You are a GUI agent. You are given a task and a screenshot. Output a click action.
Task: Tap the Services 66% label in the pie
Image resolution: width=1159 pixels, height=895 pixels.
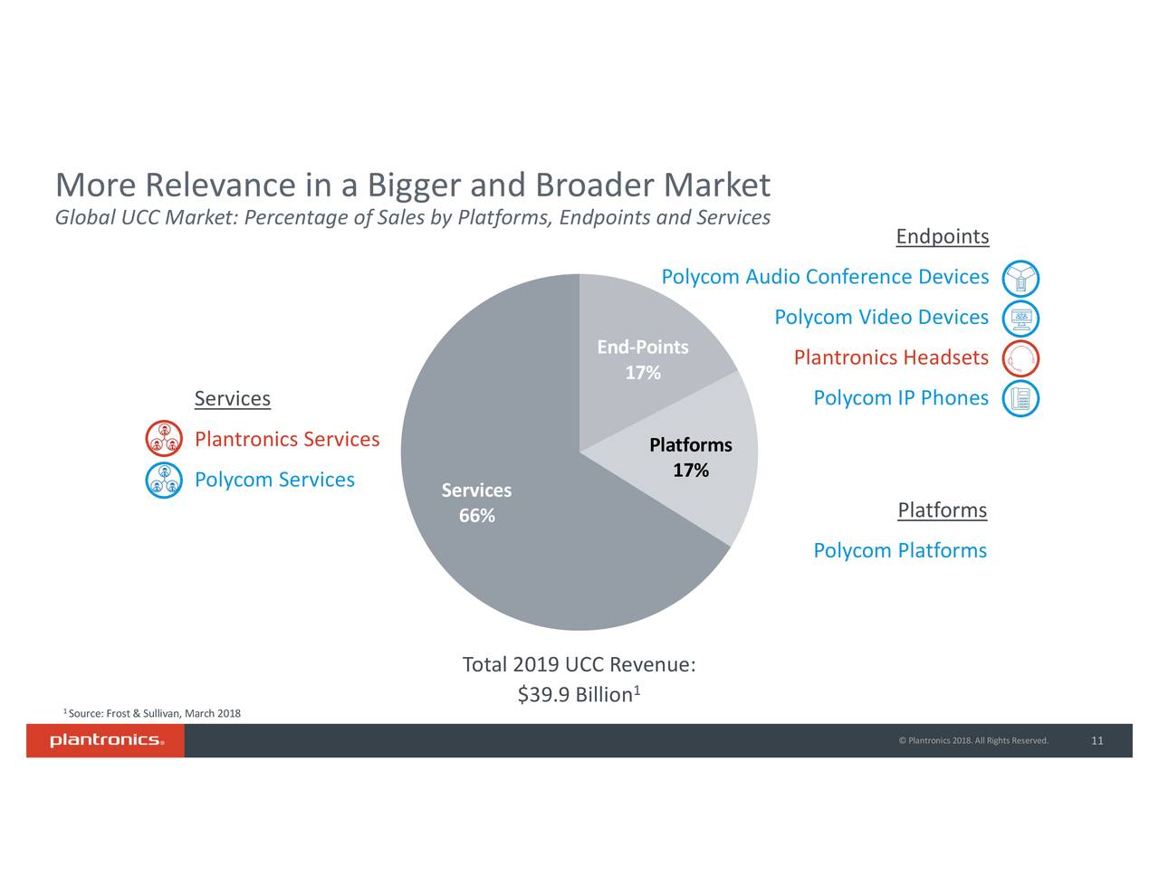tap(476, 503)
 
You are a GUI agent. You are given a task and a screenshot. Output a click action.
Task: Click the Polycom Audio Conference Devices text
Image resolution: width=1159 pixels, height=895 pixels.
tap(824, 277)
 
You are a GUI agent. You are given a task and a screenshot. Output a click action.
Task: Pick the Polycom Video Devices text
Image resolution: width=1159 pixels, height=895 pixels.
tap(880, 318)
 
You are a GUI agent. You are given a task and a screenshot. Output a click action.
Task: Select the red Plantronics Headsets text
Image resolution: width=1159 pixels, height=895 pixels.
tap(890, 358)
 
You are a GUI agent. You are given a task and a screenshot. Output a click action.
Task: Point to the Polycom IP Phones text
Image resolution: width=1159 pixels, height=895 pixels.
tap(900, 398)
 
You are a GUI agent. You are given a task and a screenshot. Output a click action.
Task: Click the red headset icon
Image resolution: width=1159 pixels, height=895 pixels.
tap(1020, 359)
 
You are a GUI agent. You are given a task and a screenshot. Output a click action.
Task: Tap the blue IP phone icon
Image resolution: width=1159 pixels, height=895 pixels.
tap(1020, 399)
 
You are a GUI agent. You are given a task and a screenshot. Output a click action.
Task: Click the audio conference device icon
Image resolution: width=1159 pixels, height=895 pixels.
tap(1020, 279)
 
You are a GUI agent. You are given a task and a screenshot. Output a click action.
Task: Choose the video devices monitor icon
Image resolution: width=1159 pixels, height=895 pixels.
tap(1020, 319)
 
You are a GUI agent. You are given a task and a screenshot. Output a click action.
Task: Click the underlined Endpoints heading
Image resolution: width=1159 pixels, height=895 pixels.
tap(942, 237)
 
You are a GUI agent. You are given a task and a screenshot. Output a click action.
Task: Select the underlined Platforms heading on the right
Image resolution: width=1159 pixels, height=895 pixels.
tap(942, 510)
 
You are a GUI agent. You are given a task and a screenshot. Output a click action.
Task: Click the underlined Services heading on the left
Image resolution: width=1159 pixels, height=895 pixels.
tap(232, 399)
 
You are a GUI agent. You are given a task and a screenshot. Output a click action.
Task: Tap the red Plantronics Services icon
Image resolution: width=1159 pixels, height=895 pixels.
tap(164, 440)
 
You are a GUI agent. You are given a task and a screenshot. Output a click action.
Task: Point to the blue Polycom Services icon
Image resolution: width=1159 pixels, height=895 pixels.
tap(164, 480)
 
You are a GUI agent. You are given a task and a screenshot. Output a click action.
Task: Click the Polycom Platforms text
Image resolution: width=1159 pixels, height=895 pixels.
tap(899, 551)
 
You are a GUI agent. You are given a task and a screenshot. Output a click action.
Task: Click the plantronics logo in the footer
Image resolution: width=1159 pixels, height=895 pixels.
tap(106, 741)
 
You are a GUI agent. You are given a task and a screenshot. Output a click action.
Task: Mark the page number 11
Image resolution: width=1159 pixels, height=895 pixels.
tap(1097, 741)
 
